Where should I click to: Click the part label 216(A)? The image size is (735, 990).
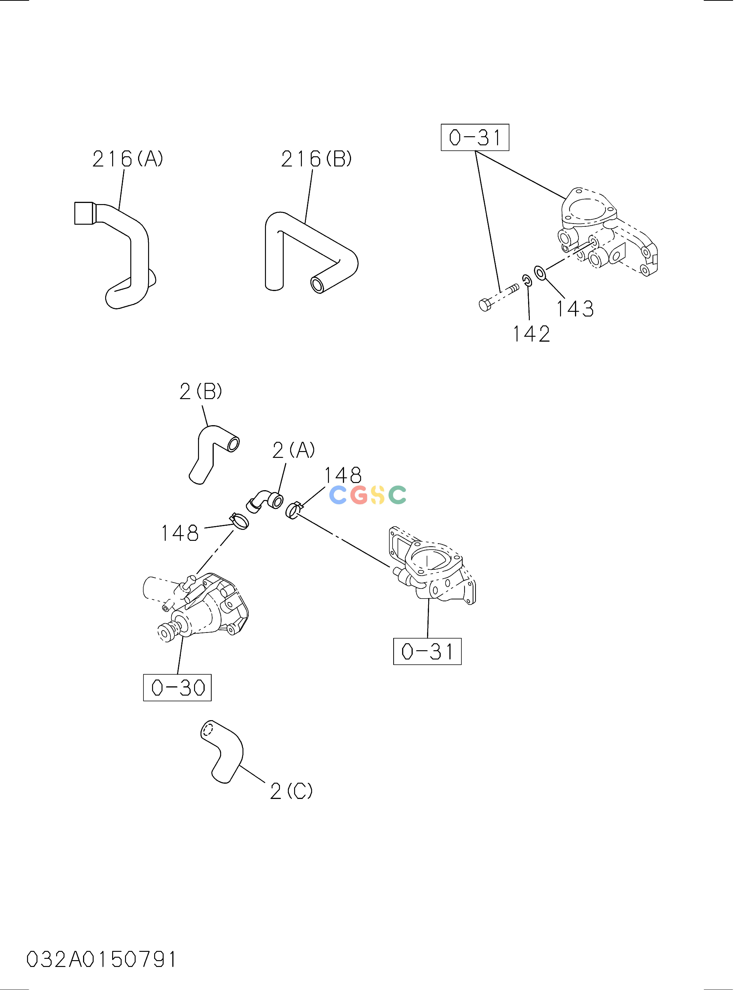[128, 159]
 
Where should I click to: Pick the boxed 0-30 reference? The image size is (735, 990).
[177, 688]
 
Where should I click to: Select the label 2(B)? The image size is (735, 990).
[201, 391]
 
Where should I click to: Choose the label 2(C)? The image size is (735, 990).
[291, 791]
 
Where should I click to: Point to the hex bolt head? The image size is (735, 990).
[485, 305]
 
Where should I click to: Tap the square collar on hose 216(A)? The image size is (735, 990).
[85, 213]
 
